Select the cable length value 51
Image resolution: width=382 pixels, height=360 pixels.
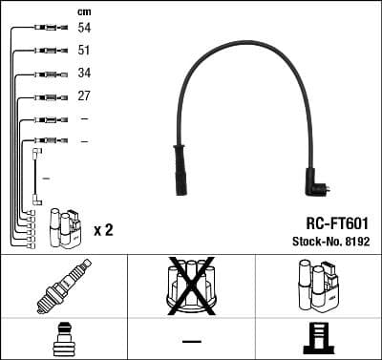tap(85, 52)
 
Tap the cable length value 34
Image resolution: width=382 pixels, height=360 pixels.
tap(85, 74)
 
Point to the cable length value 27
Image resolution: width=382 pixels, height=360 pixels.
tap(85, 95)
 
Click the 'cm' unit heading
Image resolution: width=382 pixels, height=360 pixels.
tap(84, 11)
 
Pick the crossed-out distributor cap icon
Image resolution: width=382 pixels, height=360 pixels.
tap(190, 286)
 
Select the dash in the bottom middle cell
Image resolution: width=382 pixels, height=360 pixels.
tap(191, 341)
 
